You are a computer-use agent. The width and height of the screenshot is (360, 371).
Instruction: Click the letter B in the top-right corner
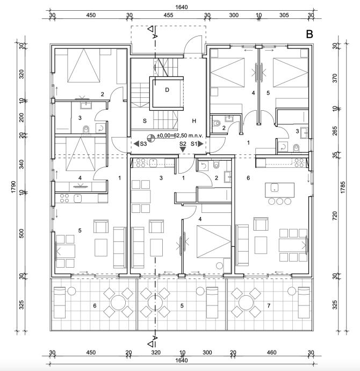tap(309, 34)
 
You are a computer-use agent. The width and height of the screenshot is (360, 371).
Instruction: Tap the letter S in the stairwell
tap(145, 122)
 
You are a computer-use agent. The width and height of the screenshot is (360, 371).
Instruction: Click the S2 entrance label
tap(183, 144)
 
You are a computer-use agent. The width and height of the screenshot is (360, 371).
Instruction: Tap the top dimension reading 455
tap(168, 16)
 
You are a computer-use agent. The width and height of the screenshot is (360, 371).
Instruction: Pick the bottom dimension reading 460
tap(272, 353)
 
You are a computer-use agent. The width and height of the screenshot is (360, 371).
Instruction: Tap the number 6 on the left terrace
tap(95, 306)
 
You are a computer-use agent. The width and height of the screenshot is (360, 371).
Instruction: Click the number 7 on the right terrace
tap(268, 306)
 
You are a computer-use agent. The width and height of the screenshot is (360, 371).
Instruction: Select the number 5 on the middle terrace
tap(182, 306)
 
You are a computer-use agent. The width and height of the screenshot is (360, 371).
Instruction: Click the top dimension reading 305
tap(284, 16)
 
